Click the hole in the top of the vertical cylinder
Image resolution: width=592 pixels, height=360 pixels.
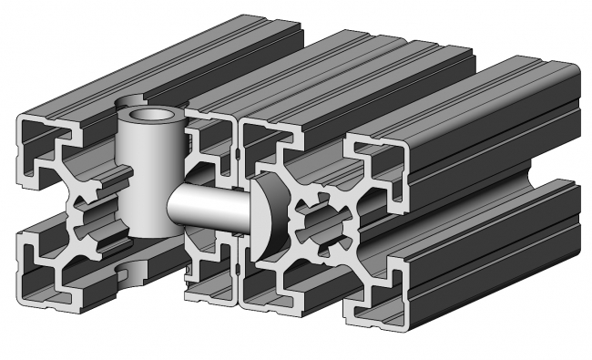149,116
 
